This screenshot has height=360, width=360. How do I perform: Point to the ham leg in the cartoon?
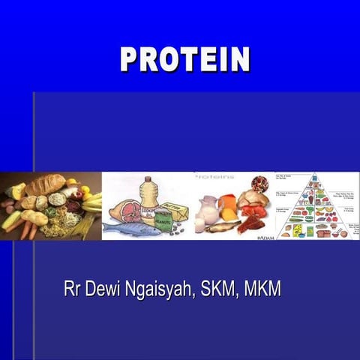[124, 209]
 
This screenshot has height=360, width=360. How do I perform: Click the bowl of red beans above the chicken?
[260, 184]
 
